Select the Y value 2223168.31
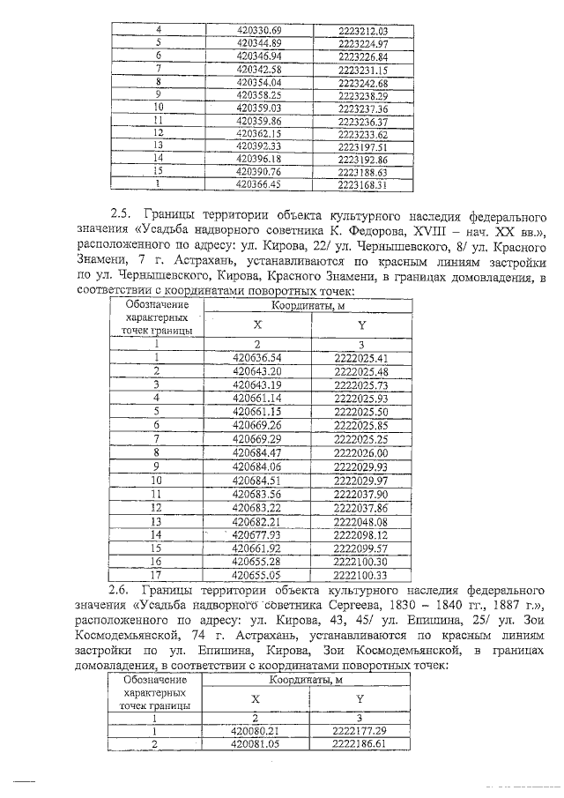pos(362,185)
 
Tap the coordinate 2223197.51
pos(362,146)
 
